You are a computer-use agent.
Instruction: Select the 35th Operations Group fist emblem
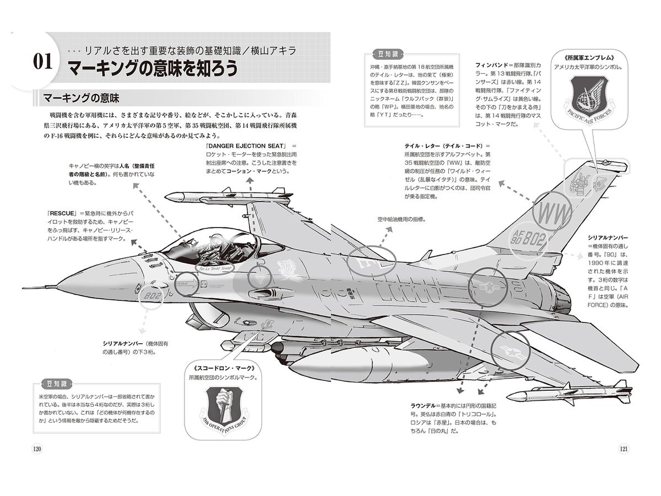pos(224,407)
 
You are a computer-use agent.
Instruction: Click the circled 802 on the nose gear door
pos(150,296)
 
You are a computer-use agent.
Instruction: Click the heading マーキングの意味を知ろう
pos(153,68)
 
